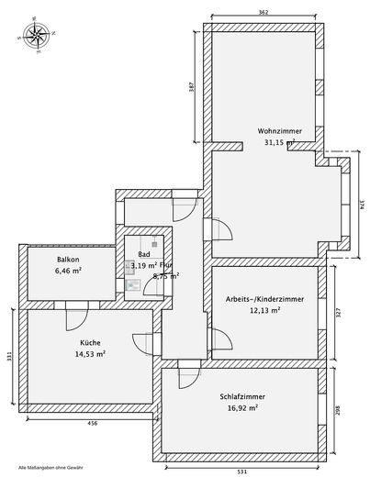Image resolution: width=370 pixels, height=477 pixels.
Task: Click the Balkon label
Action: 68,260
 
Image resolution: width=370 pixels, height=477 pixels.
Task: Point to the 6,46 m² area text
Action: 68,272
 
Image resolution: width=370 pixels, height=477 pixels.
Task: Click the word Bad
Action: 143,254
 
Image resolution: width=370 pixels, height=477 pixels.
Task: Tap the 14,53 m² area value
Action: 90,353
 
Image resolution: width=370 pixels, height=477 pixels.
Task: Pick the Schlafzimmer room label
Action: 242,396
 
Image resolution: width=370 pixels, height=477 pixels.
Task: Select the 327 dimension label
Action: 339,312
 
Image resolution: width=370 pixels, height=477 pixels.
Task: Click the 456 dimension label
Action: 91,424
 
